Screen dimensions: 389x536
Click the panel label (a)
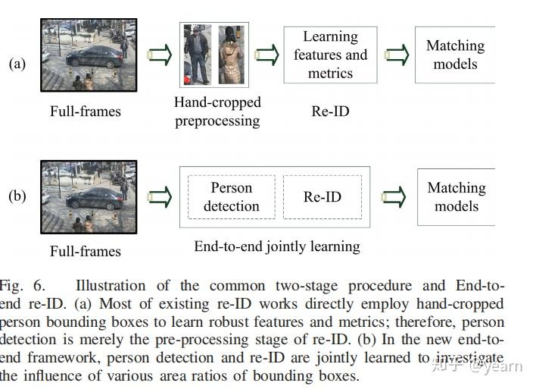coord(17,64)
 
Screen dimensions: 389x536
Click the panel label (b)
coord(17,196)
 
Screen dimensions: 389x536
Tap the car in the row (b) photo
coord(95,199)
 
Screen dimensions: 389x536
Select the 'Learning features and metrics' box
coord(330,55)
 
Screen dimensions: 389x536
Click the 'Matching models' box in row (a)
coord(455,55)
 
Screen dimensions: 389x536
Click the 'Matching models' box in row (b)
coord(456,196)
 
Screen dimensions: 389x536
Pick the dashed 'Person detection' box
coord(231,196)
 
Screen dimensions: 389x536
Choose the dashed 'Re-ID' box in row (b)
coord(323,197)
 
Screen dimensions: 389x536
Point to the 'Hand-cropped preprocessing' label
coord(217,111)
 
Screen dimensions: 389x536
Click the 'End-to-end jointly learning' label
coord(276,246)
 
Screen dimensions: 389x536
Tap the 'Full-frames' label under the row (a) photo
coord(86,111)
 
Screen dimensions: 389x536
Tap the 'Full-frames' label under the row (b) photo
coord(86,251)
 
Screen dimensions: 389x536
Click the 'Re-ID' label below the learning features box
coord(330,111)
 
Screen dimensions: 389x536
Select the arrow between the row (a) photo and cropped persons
coord(159,55)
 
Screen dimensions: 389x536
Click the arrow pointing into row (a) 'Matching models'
coord(397,55)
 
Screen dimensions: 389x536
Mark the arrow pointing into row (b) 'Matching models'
coord(394,197)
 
